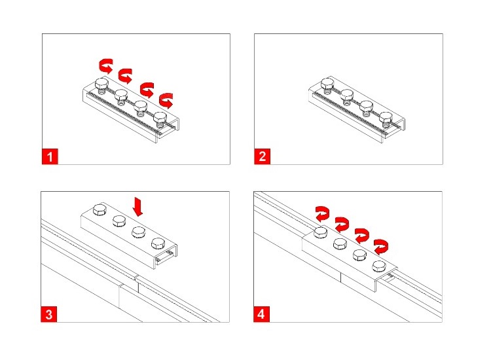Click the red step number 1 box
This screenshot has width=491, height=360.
50,156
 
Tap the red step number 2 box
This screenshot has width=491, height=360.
262,156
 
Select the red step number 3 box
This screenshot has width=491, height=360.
49,314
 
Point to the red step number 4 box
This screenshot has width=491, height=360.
261,314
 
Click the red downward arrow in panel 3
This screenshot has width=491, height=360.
137,207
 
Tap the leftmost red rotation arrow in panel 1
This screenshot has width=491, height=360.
106,65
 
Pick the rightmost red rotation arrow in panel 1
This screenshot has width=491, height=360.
166,100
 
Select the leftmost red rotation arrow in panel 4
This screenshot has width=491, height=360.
323,214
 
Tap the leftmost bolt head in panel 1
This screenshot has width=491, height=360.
101,84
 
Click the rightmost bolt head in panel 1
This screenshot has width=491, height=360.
160,117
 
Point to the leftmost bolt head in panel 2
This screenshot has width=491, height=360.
327,84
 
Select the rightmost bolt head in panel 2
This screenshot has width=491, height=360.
386,118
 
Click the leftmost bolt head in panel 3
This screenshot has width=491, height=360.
100,209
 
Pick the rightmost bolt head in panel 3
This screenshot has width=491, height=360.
158,243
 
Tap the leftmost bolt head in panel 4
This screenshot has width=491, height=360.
320,232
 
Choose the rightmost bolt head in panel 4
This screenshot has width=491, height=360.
379,266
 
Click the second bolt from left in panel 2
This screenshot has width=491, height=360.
347,95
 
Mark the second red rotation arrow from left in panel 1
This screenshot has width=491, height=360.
125,76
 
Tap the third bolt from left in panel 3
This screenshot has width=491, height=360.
138,232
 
